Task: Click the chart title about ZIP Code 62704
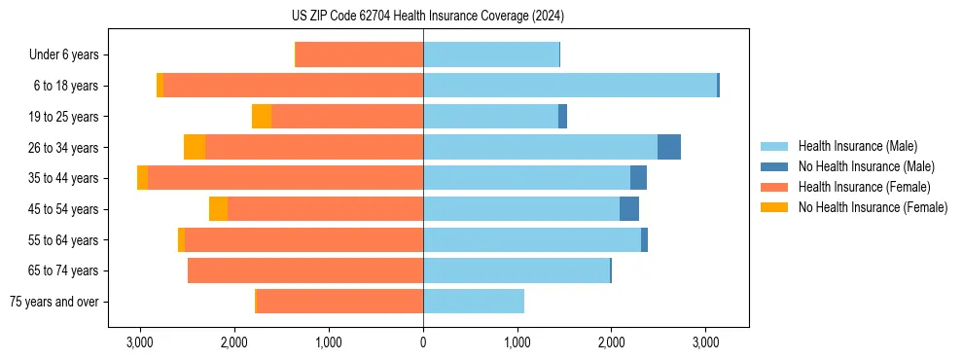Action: tap(481, 17)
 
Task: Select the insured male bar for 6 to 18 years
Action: tap(569, 86)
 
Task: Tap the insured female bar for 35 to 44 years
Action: tap(285, 178)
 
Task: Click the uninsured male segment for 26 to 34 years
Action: tap(669, 147)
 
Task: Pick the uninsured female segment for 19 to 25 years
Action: tap(262, 117)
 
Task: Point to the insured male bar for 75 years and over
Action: tap(474, 302)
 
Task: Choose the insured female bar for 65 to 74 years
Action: tap(305, 270)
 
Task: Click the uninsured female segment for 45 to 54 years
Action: tap(219, 209)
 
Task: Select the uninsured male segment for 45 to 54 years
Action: tap(629, 209)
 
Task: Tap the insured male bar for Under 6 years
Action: tap(491, 54)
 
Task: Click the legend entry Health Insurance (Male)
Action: tap(851, 146)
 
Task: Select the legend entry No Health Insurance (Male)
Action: tap(856, 166)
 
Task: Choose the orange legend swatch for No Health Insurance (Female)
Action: tap(775, 207)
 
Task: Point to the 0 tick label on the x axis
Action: tap(423, 342)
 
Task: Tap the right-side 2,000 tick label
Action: tap(611, 342)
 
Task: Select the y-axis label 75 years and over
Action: tap(53, 302)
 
